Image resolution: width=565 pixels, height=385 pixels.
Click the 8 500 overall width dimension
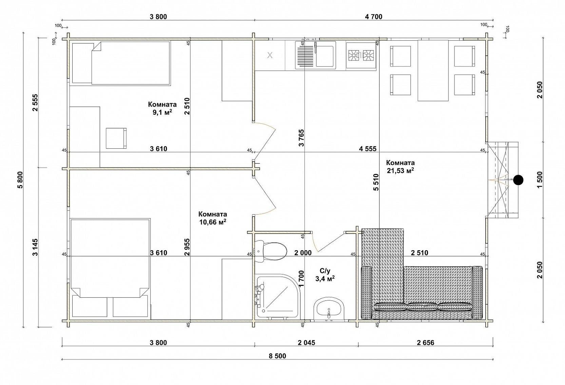(x=277, y=356)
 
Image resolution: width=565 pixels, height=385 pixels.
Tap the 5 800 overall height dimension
(x=20, y=180)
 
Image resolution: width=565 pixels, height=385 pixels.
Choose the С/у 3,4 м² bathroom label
(x=325, y=275)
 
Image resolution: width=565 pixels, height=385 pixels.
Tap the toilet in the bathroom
(x=271, y=252)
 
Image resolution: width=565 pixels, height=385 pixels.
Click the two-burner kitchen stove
(x=361, y=55)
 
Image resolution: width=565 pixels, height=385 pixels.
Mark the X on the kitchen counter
(x=270, y=55)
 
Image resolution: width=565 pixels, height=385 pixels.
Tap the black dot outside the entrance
(x=518, y=180)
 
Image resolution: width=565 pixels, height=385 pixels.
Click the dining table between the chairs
(x=433, y=70)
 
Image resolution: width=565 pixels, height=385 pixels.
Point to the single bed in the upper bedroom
(x=121, y=63)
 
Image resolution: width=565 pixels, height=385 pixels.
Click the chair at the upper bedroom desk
(x=116, y=138)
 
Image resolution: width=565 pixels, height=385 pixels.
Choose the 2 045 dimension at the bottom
(x=307, y=343)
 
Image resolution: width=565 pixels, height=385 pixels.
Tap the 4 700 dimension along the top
(x=373, y=17)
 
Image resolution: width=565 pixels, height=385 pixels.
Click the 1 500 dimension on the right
(x=540, y=180)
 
